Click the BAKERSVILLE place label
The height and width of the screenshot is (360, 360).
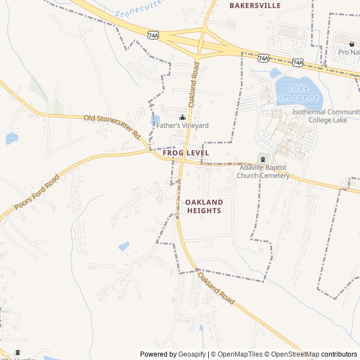click(x=255, y=6)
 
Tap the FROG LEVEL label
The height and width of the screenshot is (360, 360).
click(x=186, y=153)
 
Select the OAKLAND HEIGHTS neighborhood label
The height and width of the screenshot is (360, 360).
click(x=204, y=206)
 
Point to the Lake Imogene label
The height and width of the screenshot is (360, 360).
click(x=299, y=93)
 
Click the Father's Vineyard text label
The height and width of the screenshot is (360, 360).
click(x=182, y=125)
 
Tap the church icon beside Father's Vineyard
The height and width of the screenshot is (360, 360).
click(x=182, y=117)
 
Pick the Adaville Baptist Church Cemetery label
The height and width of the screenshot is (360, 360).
click(x=263, y=172)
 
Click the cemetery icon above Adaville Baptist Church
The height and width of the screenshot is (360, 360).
click(x=262, y=159)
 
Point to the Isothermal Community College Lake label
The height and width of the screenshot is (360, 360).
click(x=325, y=115)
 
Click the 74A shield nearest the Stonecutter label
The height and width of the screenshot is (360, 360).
click(x=153, y=35)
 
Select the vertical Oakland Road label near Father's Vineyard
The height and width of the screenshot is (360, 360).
click(x=193, y=84)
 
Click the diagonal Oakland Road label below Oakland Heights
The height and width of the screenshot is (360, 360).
click(x=215, y=288)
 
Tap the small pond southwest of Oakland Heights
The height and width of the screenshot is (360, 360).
click(x=124, y=246)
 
